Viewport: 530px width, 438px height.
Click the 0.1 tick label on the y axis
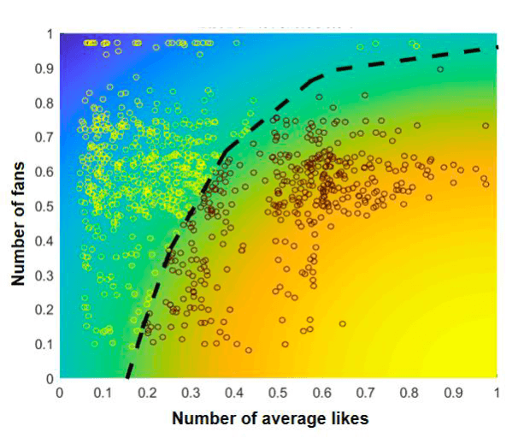click(x=40, y=343)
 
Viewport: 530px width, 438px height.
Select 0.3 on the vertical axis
click(x=40, y=275)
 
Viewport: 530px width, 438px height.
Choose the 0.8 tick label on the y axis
click(x=40, y=103)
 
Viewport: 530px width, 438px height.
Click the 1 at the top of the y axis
click(x=49, y=34)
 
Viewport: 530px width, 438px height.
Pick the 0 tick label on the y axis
click(x=49, y=377)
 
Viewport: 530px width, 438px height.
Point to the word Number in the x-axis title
click(x=202, y=418)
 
